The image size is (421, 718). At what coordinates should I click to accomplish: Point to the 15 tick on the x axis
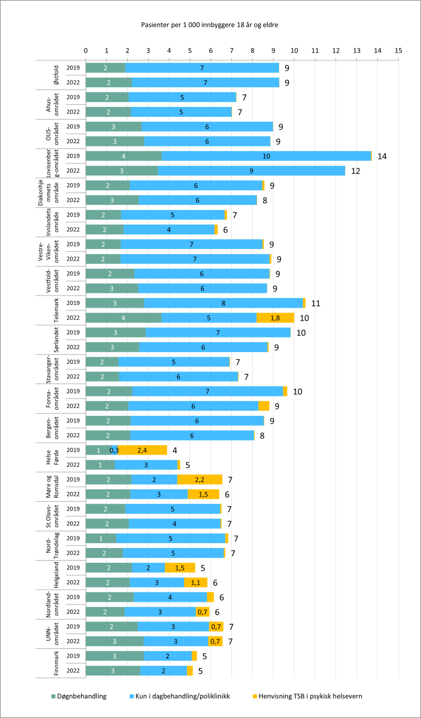pyautogui.click(x=399, y=50)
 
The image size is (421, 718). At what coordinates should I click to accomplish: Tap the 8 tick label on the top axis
pyautogui.click(x=253, y=50)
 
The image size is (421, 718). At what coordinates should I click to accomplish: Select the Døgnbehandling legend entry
pyautogui.click(x=79, y=696)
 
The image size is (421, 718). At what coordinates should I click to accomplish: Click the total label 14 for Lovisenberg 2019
pyautogui.click(x=382, y=156)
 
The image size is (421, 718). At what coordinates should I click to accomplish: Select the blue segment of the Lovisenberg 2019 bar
pyautogui.click(x=266, y=156)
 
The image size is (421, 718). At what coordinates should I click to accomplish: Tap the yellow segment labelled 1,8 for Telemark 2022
pyautogui.click(x=275, y=318)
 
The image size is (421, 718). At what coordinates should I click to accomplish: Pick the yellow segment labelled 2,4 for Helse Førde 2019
pyautogui.click(x=143, y=450)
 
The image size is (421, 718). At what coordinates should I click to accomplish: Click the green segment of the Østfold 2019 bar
pyautogui.click(x=106, y=68)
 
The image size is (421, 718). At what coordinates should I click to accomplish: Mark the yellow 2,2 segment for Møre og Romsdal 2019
pyautogui.click(x=200, y=479)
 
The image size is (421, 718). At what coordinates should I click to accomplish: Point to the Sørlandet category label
pyautogui.click(x=55, y=340)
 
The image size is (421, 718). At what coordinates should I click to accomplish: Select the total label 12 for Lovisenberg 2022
pyautogui.click(x=356, y=171)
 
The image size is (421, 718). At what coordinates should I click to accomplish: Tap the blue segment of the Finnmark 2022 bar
pyautogui.click(x=163, y=670)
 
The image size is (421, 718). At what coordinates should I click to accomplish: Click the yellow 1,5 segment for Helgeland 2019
pyautogui.click(x=180, y=568)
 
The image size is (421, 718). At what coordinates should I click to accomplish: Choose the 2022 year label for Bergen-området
pyautogui.click(x=73, y=436)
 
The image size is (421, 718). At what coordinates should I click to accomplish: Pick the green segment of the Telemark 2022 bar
pyautogui.click(x=123, y=318)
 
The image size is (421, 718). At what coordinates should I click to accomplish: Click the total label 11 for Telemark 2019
pyautogui.click(x=315, y=303)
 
